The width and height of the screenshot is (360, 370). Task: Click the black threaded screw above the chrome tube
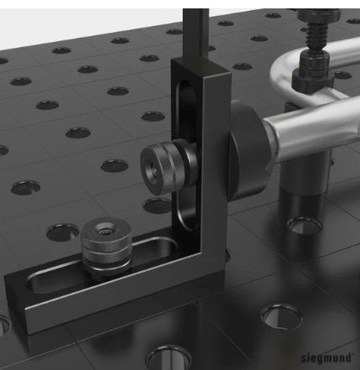coord(318,34)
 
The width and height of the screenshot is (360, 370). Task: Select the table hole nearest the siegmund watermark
coord(280,319)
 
